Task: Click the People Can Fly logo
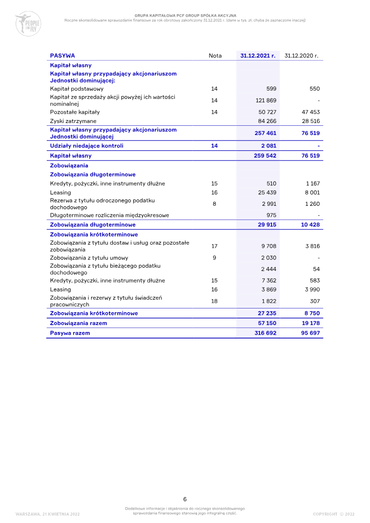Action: click(28, 24)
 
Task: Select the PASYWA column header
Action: click(62, 55)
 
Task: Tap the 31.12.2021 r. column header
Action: click(258, 55)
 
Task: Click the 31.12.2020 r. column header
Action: click(302, 55)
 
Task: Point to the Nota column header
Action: click(215, 55)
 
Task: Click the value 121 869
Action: click(266, 100)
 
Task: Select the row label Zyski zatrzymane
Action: click(74, 121)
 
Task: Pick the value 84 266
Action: click(267, 121)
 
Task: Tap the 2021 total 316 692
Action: click(265, 333)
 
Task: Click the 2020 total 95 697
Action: click(310, 333)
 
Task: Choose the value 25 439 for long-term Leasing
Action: click(267, 192)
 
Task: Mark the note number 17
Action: click(214, 246)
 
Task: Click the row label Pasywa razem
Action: click(70, 333)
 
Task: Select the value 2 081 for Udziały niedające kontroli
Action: click(269, 146)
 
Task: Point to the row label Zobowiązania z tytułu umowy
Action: click(89, 258)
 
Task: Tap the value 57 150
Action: click(267, 323)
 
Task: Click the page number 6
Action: click(185, 499)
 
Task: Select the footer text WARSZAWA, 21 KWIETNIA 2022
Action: click(48, 514)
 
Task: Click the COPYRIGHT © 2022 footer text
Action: click(333, 514)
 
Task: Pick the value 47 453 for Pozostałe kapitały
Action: click(310, 112)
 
